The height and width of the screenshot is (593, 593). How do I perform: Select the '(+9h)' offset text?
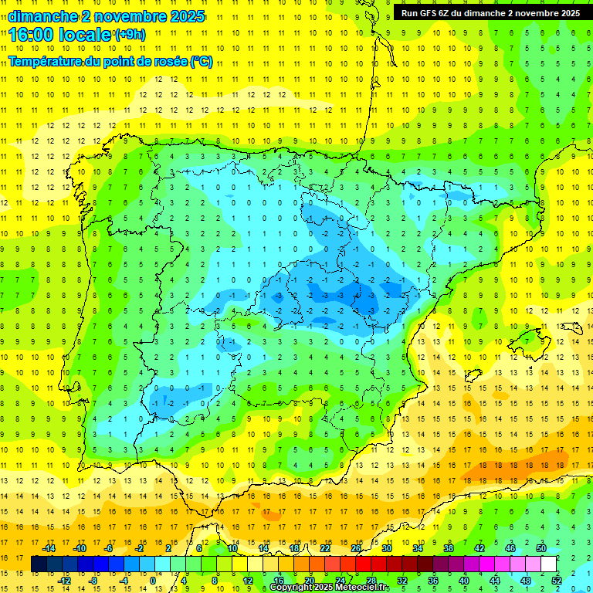129,34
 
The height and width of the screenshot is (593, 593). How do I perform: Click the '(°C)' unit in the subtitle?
202,62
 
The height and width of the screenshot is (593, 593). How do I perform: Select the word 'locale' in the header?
87,34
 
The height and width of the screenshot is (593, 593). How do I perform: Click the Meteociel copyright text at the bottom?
329,588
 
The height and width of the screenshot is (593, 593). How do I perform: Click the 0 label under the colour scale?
153,580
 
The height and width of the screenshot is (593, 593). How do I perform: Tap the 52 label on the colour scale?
557,580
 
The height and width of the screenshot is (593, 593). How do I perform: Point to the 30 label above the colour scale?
386,547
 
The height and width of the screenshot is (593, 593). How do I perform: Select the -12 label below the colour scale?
64,580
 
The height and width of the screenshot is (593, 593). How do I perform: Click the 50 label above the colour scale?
541,547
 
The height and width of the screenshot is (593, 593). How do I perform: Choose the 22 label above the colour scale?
324,547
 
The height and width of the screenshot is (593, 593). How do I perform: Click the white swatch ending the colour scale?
549,564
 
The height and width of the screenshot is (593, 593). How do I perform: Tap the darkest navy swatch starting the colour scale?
39,564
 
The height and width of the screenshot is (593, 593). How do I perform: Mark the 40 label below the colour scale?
464,580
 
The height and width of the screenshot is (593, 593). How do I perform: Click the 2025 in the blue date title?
188,16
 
